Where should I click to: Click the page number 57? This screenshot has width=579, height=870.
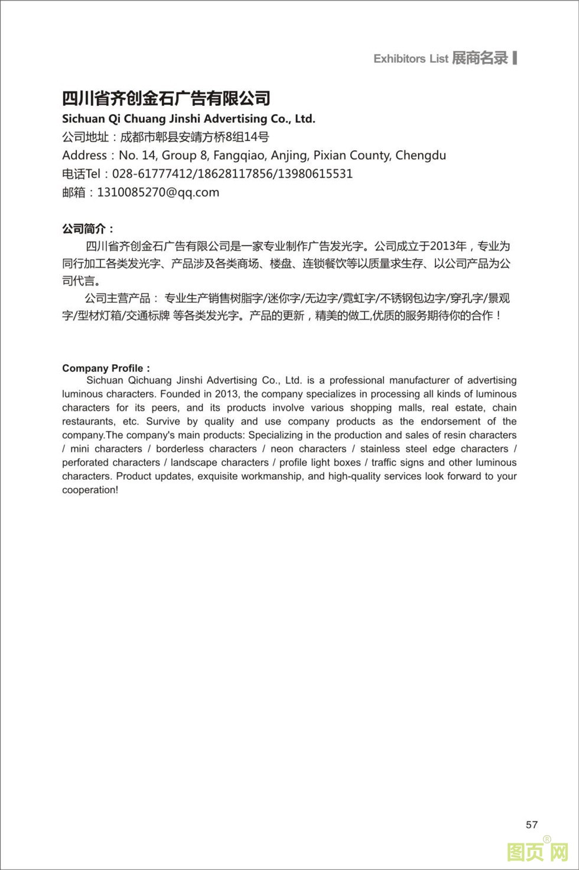pyautogui.click(x=532, y=824)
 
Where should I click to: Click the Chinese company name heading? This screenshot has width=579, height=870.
pyautogui.click(x=166, y=98)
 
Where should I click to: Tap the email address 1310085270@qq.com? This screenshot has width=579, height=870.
pyautogui.click(x=158, y=192)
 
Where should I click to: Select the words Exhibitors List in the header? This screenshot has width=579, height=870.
pyautogui.click(x=411, y=59)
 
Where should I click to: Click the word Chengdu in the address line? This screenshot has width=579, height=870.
pyautogui.click(x=421, y=156)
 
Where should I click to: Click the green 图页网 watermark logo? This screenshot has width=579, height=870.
pyautogui.click(x=537, y=852)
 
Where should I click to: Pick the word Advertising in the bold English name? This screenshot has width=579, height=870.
pyautogui.click(x=235, y=119)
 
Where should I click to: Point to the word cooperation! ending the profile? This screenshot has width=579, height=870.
pyautogui.click(x=90, y=490)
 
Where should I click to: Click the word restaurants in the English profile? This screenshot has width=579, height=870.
pyautogui.click(x=89, y=421)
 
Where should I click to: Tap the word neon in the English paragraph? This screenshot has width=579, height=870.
pyautogui.click(x=282, y=449)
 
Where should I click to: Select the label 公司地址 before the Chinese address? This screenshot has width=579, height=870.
pyautogui.click(x=85, y=137)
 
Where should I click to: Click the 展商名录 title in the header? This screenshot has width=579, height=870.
pyautogui.click(x=480, y=58)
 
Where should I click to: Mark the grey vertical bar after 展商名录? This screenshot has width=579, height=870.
pyautogui.click(x=515, y=57)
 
